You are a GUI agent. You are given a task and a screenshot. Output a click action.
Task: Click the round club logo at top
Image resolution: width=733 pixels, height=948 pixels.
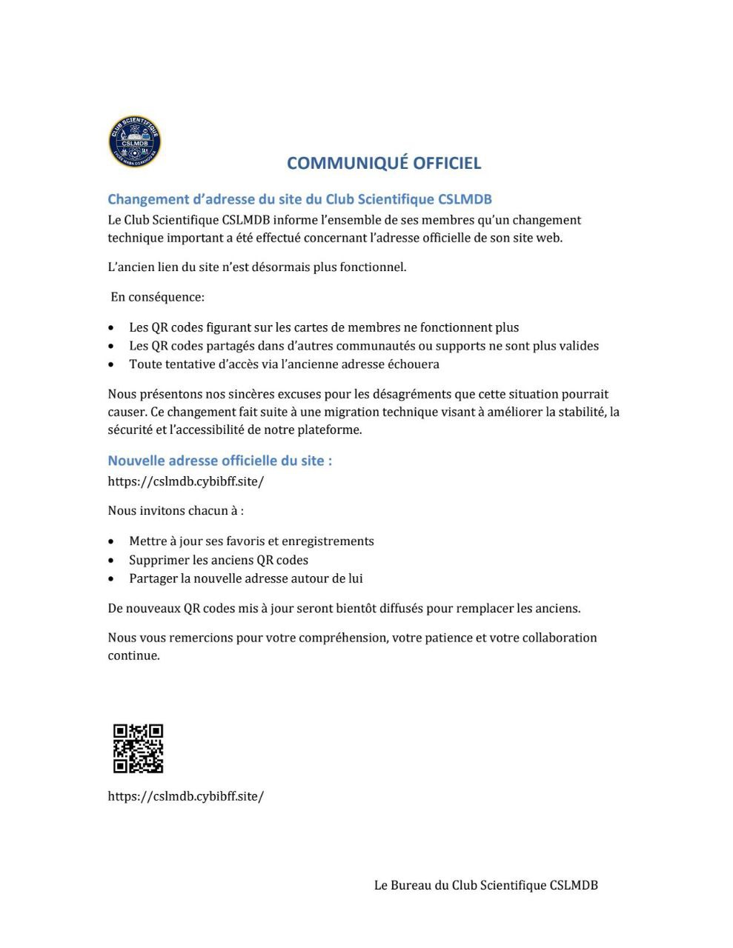click(134, 141)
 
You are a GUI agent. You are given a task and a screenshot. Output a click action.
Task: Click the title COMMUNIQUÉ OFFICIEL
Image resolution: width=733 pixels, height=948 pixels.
click(384, 163)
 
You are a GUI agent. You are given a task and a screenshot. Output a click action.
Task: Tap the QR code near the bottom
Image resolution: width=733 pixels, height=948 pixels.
click(138, 749)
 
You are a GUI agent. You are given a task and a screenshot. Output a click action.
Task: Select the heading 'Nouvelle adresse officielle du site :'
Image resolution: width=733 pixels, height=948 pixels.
click(219, 461)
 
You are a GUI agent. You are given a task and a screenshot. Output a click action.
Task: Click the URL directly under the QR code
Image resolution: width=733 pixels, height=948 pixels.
click(185, 797)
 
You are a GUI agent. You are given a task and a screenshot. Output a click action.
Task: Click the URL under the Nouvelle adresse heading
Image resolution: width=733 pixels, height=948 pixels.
click(185, 481)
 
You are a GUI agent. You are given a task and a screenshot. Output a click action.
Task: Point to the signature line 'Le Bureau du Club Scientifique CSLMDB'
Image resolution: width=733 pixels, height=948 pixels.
click(485, 885)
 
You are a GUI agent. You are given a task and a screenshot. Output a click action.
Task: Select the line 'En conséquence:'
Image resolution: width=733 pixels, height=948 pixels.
click(157, 297)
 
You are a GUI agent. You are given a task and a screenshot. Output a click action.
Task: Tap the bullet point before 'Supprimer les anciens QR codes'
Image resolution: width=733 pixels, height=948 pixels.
click(111, 561)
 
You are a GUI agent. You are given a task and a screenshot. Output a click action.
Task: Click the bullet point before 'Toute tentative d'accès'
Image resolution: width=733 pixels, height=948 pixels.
click(111, 365)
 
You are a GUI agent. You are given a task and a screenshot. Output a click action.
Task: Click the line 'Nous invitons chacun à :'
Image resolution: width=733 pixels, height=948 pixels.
click(176, 511)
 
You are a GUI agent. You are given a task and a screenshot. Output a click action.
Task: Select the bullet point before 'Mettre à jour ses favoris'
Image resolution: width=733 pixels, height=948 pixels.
click(111, 542)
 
